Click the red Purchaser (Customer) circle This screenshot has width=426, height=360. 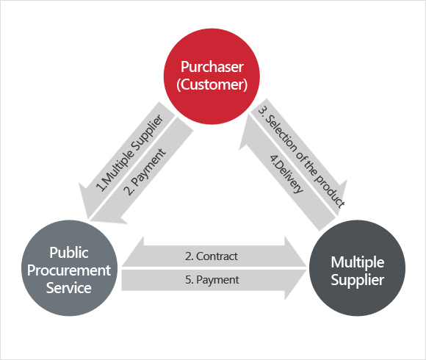pos(212,76)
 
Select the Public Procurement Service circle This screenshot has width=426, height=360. pos(69,268)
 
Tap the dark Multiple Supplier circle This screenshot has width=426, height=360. pos(357,268)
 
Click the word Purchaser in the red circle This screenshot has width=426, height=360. pos(212,67)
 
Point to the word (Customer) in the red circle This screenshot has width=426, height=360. pos(212,84)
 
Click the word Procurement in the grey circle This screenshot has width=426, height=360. pos(69,270)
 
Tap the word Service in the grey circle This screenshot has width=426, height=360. pos(69,288)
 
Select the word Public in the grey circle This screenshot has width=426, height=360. pos(69,253)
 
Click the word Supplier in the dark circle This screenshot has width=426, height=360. pos(358,280)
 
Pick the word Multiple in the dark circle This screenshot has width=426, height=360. pos(358,262)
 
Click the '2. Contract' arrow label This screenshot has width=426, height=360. pos(212,256)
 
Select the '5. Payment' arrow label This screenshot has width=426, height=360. pos(212,280)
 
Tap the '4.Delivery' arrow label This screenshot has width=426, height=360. pos(286,174)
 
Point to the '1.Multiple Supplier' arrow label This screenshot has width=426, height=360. pos(130,153)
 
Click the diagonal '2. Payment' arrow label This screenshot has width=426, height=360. pos(145,172)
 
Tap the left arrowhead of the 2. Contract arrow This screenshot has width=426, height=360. pos(133,251)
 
